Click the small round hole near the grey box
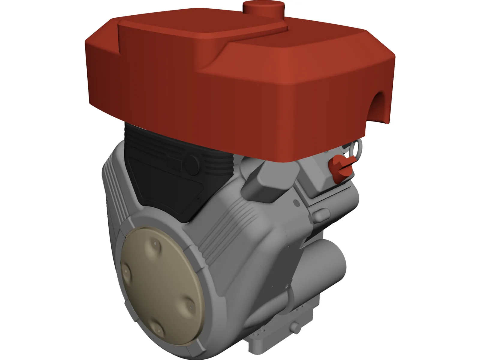[x=297, y=203]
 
